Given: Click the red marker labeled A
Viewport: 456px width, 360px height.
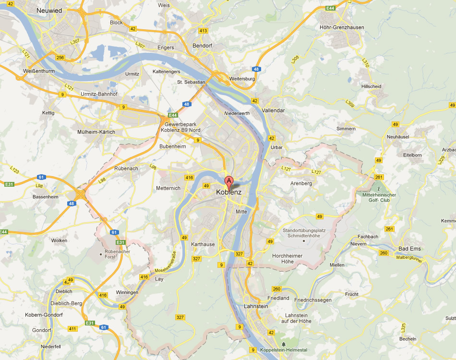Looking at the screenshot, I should (229, 182).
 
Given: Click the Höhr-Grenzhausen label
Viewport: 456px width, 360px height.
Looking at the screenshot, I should (342, 27).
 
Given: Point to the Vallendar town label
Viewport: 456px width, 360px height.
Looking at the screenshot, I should (273, 110).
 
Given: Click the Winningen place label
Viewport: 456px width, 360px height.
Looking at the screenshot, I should (127, 292).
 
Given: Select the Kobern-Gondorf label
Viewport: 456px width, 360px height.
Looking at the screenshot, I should (44, 315).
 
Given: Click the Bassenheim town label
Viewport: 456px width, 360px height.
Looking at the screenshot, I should (46, 197).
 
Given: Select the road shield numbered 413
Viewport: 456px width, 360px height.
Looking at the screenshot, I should (203, 31).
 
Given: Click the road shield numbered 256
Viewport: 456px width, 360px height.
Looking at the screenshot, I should (60, 58).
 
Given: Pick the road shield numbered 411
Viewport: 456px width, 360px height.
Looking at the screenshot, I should (72, 329).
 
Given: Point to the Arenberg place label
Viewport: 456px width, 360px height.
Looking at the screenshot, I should (301, 183).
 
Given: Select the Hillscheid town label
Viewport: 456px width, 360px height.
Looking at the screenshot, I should (372, 86).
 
